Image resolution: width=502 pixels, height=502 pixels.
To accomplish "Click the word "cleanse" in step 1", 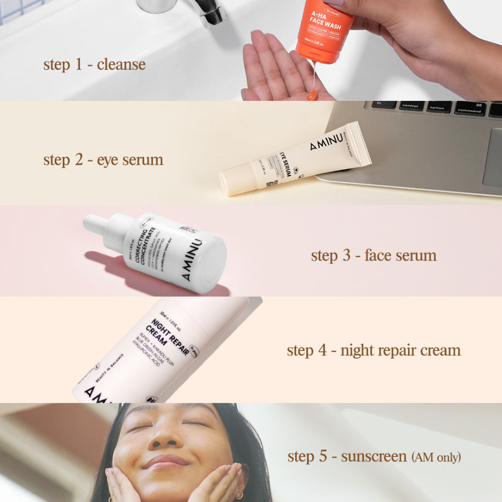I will point(121,64).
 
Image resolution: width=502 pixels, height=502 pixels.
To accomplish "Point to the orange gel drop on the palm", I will point(312,95).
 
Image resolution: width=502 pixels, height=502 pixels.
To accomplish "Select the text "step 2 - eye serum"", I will point(103,160).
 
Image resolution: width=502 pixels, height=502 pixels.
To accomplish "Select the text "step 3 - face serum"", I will point(373,255).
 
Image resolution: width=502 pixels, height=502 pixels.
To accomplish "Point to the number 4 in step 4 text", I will point(322,350).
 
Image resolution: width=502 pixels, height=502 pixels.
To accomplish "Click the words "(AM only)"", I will point(436,457).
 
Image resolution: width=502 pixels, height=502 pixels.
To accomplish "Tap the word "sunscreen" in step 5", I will point(374,457).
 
